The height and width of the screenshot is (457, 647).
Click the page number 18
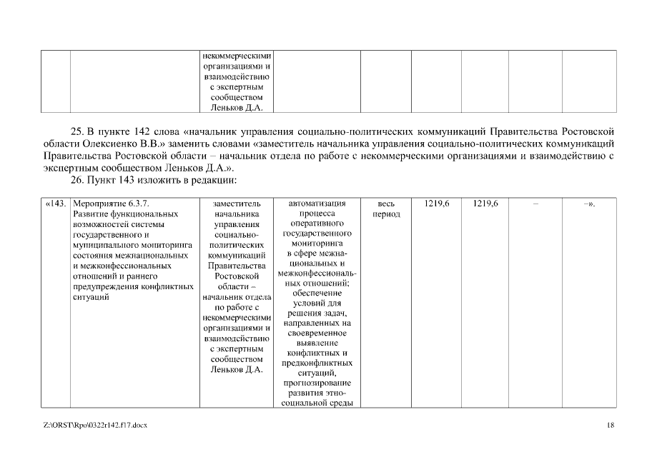coord(610,426)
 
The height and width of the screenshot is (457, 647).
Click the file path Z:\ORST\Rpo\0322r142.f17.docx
coord(95,426)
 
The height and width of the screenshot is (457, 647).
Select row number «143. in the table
coord(56,204)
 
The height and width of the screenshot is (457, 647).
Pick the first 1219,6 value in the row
coord(436,204)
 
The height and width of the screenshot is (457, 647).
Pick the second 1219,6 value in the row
coord(485,204)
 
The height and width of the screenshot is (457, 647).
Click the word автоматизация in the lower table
coord(317,204)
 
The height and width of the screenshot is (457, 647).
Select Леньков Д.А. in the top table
coord(237,108)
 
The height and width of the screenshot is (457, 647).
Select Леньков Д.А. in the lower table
coord(237,369)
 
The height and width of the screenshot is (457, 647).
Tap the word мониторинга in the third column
coord(317,243)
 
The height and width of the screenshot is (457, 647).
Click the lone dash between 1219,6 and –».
coord(535,204)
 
